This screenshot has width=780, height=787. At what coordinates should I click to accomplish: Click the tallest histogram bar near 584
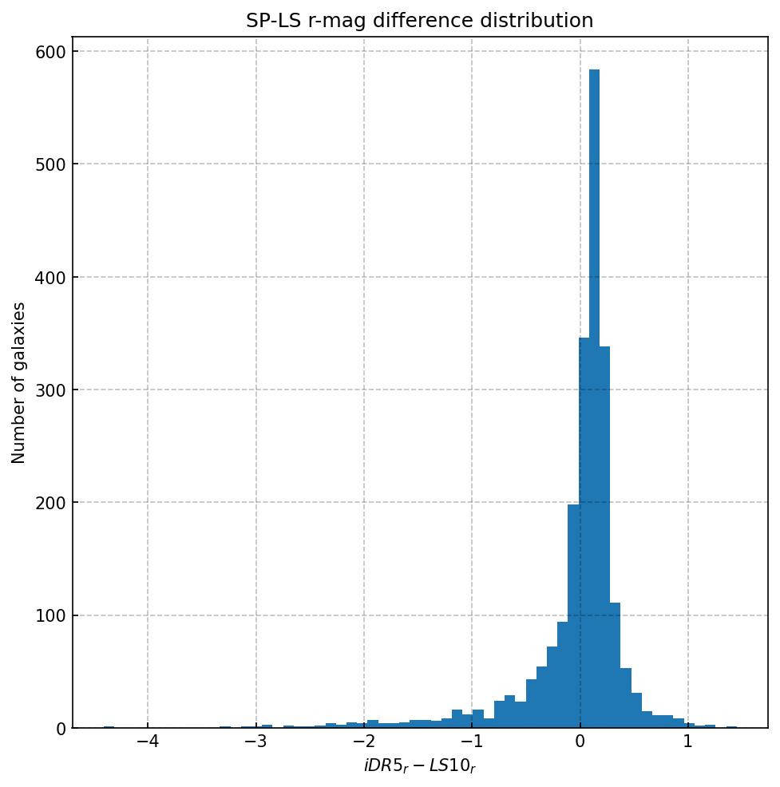click(594, 399)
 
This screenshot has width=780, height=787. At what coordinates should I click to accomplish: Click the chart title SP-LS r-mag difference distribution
click(419, 21)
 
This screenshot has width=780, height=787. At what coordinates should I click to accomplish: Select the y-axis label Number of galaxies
click(19, 382)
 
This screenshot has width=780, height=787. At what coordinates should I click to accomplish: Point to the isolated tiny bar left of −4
click(109, 727)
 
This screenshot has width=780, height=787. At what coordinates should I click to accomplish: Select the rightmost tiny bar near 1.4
click(731, 727)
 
